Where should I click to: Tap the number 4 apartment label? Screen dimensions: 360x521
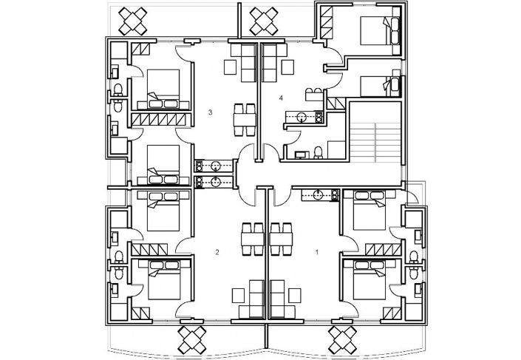click(x=282, y=98)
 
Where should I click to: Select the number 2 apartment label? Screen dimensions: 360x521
click(x=217, y=252)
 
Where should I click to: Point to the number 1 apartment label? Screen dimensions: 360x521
click(x=317, y=252)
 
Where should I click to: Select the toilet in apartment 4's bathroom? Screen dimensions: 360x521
click(x=317, y=152)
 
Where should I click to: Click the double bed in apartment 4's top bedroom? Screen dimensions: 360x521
click(x=378, y=32)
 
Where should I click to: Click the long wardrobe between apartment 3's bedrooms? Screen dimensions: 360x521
click(x=160, y=118)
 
